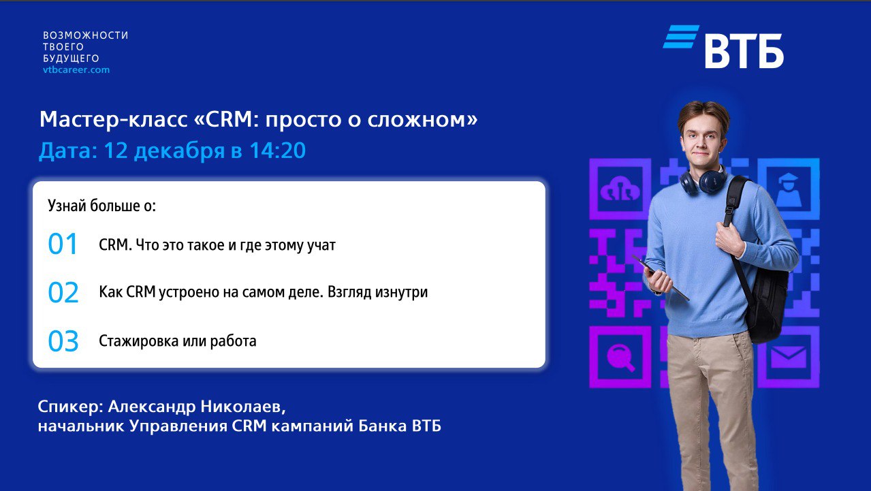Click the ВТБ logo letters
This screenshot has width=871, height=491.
click(x=744, y=51)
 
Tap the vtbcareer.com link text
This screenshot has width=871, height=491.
click(x=76, y=70)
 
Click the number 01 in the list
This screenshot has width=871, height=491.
click(x=62, y=244)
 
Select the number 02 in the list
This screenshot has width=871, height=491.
click(x=63, y=292)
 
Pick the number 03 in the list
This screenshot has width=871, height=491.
click(x=63, y=341)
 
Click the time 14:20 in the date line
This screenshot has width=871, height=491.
click(x=277, y=151)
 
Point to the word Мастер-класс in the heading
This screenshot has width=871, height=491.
click(x=113, y=119)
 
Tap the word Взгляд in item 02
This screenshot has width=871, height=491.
click(x=349, y=292)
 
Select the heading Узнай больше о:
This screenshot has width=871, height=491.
click(x=102, y=206)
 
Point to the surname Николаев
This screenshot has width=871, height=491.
click(x=243, y=407)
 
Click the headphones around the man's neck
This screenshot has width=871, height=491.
click(x=703, y=180)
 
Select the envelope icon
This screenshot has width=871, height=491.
click(x=788, y=357)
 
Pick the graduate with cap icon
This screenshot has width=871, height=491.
click(x=788, y=190)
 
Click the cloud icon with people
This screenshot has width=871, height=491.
click(x=620, y=189)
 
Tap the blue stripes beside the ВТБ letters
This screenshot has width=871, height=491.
click(x=681, y=37)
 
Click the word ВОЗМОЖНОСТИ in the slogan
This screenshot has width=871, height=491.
click(x=86, y=35)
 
